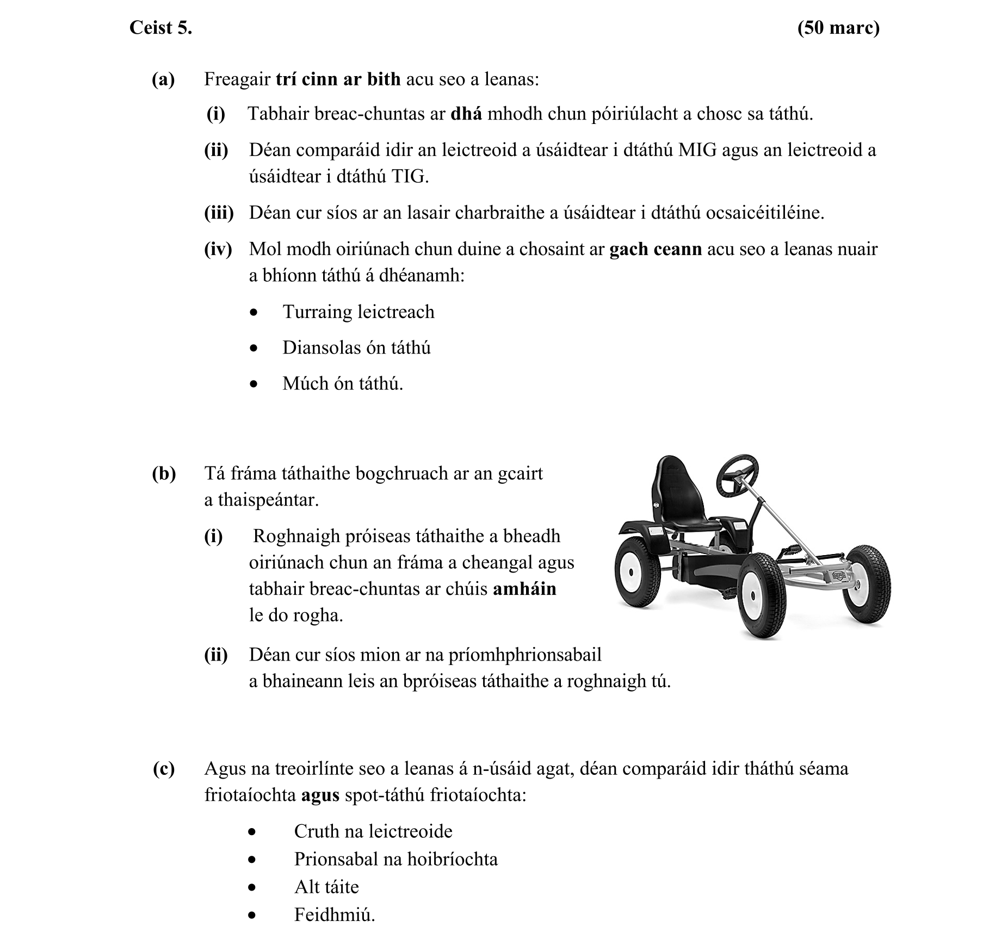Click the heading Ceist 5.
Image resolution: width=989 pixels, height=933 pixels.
point(160,28)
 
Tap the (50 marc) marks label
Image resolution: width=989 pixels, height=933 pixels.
point(838,28)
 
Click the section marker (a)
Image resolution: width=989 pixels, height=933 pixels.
point(163,79)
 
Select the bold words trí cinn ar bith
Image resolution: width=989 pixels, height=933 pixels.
point(338,79)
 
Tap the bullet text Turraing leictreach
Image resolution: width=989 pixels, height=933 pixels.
point(358,312)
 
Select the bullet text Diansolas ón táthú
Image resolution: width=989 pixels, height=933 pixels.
point(356,348)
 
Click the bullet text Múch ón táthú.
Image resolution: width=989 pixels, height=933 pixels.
point(343,384)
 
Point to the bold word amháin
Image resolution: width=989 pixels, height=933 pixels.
point(524,589)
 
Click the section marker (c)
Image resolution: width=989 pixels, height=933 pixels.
point(164,769)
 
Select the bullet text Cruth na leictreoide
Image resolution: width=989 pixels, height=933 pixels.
point(373,831)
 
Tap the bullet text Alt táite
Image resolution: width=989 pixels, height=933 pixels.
point(326,887)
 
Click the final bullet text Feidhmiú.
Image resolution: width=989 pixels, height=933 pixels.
point(334,915)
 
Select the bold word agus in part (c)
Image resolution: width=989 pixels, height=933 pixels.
point(320,795)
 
